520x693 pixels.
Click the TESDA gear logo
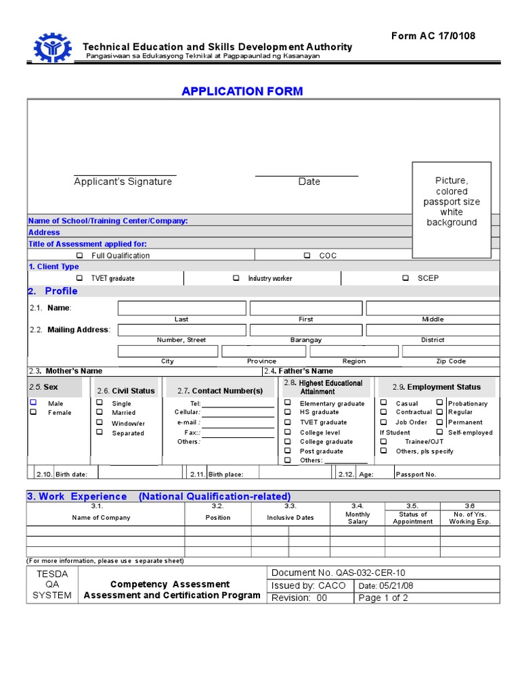click(53, 48)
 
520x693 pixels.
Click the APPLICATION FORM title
click(242, 91)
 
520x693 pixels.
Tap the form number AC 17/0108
click(433, 36)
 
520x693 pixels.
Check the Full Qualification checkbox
click(79, 256)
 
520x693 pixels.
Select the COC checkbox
click(307, 256)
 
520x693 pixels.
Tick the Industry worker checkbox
click(236, 278)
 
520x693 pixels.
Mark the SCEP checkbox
click(405, 278)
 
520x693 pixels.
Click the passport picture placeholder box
click(452, 210)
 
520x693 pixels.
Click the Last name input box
click(181, 309)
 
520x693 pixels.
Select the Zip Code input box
click(450, 351)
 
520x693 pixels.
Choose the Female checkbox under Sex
click(33, 412)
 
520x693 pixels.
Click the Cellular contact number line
click(238, 412)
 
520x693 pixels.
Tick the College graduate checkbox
click(288, 441)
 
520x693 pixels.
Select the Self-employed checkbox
click(439, 432)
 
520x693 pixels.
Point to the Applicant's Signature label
click(123, 182)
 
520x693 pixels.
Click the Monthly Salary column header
click(357, 518)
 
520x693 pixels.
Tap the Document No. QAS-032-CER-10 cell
click(338, 573)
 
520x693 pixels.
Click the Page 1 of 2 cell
click(383, 598)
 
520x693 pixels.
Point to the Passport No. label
click(416, 474)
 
